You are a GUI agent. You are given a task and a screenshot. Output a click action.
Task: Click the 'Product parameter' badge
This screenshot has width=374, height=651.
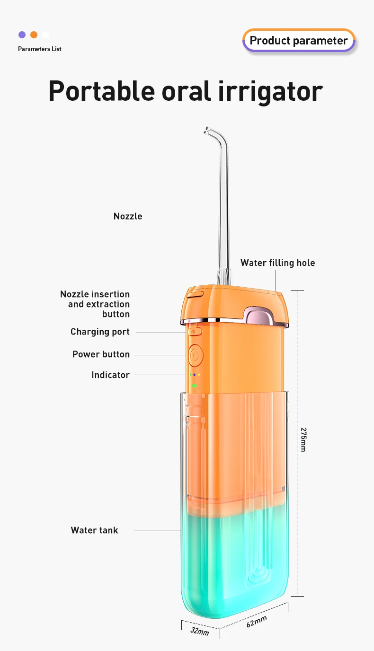[x=299, y=41]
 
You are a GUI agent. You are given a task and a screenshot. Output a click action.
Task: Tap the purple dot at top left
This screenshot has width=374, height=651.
[x=22, y=35]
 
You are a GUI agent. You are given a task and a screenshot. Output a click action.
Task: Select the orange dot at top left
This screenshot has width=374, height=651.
[x=34, y=35]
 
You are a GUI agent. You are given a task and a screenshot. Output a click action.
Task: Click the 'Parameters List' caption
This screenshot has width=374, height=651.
[x=40, y=49]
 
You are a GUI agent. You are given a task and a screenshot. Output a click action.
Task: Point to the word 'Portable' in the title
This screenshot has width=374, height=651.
[x=101, y=91]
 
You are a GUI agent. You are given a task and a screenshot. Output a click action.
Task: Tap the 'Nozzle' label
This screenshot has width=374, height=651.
[x=128, y=216]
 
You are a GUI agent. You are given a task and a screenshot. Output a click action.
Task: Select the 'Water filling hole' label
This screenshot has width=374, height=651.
[x=277, y=263]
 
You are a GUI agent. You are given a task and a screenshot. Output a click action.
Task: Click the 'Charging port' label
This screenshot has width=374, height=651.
[x=100, y=332]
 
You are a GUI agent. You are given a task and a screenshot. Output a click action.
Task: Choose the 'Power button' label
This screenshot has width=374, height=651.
[x=101, y=354]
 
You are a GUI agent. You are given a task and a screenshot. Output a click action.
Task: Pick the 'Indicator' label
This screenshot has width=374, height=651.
[x=110, y=375]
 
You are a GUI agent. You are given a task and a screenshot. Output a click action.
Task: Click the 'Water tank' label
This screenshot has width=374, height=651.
[x=94, y=530]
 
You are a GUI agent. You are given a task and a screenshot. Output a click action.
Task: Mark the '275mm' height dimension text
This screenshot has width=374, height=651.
[x=303, y=440]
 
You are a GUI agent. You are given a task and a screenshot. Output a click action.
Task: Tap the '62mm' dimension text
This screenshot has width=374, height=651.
[x=257, y=621]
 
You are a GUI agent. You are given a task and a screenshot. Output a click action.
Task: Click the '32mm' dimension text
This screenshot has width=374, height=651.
[x=199, y=631]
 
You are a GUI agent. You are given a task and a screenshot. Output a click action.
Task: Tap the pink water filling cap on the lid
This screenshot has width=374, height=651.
[x=259, y=316]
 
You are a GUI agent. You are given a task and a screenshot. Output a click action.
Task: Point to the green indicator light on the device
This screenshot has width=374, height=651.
[x=194, y=386]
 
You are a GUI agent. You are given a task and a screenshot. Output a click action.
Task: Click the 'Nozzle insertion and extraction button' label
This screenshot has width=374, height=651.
[x=95, y=304]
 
